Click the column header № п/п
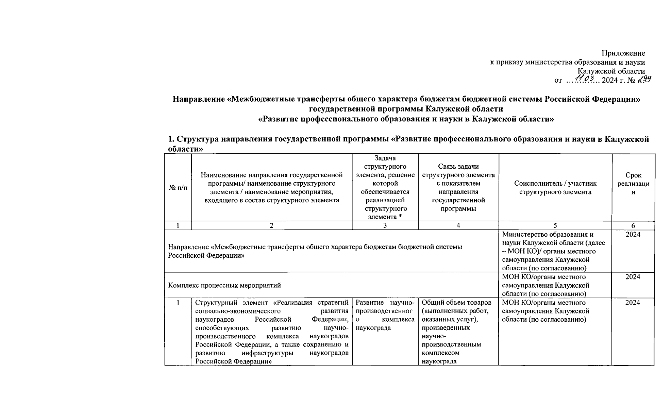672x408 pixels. (x=178, y=188)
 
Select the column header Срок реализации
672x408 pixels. (x=633, y=184)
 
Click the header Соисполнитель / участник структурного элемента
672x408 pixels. (x=555, y=188)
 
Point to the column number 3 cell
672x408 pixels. (x=385, y=225)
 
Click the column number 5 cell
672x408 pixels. (x=555, y=225)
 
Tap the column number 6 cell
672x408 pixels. (x=633, y=225)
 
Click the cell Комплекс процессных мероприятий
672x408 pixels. (x=224, y=285)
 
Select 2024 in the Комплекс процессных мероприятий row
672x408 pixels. (x=633, y=277)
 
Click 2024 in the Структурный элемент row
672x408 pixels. (x=632, y=303)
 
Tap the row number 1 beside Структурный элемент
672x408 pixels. (x=178, y=303)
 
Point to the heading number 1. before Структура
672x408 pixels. (x=171, y=139)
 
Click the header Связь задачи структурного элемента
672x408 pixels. (x=458, y=188)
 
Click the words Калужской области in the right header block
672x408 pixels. (x=611, y=71)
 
